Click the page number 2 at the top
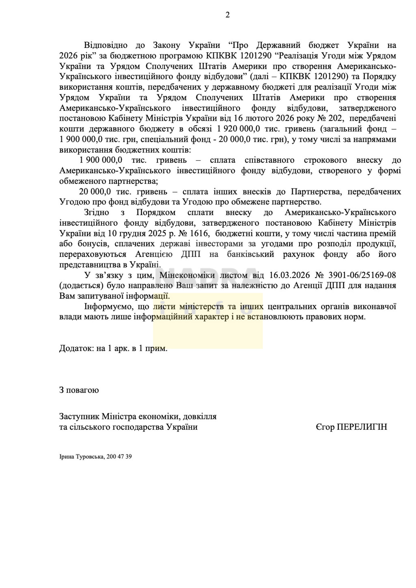(227, 15)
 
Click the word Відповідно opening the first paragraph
(106, 45)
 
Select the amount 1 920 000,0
(235, 129)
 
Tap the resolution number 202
(335, 118)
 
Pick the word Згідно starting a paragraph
(97, 212)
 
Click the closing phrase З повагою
(79, 390)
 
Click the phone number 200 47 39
(119, 457)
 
